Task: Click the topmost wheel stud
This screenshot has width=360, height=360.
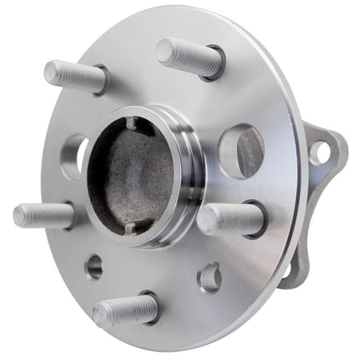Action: (x=189, y=57)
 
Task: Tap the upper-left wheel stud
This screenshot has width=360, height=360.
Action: (x=77, y=75)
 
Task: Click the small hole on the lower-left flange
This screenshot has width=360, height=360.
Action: (x=94, y=266)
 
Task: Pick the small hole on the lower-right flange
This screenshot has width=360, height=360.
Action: (x=209, y=277)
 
